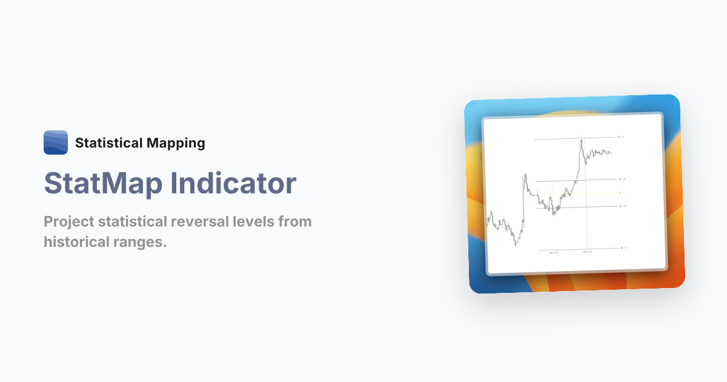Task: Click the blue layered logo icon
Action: click(x=56, y=142)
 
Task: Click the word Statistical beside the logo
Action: click(x=108, y=143)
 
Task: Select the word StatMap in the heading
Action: click(x=102, y=184)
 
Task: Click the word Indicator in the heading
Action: click(x=233, y=184)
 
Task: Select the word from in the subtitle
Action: click(x=295, y=221)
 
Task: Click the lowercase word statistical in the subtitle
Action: click(x=133, y=221)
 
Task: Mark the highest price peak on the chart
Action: click(x=581, y=140)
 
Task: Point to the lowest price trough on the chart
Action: click(x=516, y=244)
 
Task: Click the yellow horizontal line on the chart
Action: click(x=582, y=193)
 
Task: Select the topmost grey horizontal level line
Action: click(x=569, y=138)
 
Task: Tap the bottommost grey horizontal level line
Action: click(x=576, y=249)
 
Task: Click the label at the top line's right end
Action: click(x=621, y=137)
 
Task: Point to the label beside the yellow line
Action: click(x=621, y=193)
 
